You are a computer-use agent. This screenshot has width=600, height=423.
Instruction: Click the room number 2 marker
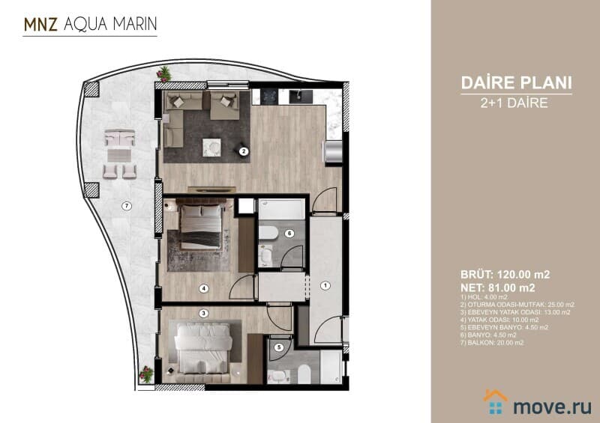pos(244,151)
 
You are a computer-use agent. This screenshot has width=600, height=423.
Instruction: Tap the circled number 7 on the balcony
pos(127,207)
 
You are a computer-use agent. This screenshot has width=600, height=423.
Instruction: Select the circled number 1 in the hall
pos(325,285)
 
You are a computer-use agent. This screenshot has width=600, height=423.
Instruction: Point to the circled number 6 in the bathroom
pos(289,233)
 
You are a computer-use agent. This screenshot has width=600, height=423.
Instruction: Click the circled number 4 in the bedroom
pos(203,288)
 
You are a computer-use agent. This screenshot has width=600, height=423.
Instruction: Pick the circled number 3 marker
pos(203,314)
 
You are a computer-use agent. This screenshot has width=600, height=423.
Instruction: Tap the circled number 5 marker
pos(279,347)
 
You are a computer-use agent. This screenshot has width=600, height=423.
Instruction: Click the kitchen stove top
pos(269,97)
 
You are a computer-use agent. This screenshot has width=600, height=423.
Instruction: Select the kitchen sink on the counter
pos(301,97)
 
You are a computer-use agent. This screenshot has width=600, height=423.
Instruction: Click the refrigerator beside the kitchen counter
pos(333,152)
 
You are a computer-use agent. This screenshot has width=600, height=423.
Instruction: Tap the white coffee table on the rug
pos(211,147)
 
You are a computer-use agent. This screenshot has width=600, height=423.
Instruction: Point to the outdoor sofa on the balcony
pos(120,138)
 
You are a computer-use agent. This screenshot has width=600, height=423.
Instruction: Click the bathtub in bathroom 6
pos(282,209)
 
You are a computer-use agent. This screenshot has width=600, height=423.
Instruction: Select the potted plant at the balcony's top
pos(163,74)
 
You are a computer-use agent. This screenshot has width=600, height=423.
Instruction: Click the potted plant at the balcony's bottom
pos(146,374)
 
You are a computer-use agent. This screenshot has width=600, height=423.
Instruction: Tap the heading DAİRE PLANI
pos(516,83)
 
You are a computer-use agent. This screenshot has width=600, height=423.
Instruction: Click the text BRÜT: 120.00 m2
pos(505,274)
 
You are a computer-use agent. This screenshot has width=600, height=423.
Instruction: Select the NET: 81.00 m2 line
pos(498,287)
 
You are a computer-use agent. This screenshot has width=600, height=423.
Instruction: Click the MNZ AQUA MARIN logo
pos(90,24)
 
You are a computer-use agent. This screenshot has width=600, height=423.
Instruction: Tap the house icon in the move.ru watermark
pos(495,401)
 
